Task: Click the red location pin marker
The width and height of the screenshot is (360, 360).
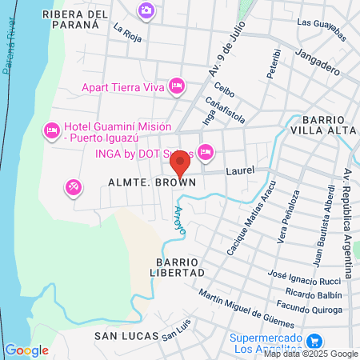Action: tap(180, 163)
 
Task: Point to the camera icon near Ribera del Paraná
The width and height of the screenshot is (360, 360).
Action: tap(146, 10)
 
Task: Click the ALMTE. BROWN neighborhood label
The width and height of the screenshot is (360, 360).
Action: tap(152, 183)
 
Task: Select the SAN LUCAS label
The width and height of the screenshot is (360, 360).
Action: tap(123, 336)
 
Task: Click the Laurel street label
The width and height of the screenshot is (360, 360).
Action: tap(238, 170)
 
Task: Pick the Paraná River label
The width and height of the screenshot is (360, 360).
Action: tap(10, 48)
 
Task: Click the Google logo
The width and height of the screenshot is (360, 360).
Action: tap(26, 350)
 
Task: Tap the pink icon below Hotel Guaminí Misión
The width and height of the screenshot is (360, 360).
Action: tap(73, 187)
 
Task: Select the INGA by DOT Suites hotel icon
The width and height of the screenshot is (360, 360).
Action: tap(206, 151)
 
